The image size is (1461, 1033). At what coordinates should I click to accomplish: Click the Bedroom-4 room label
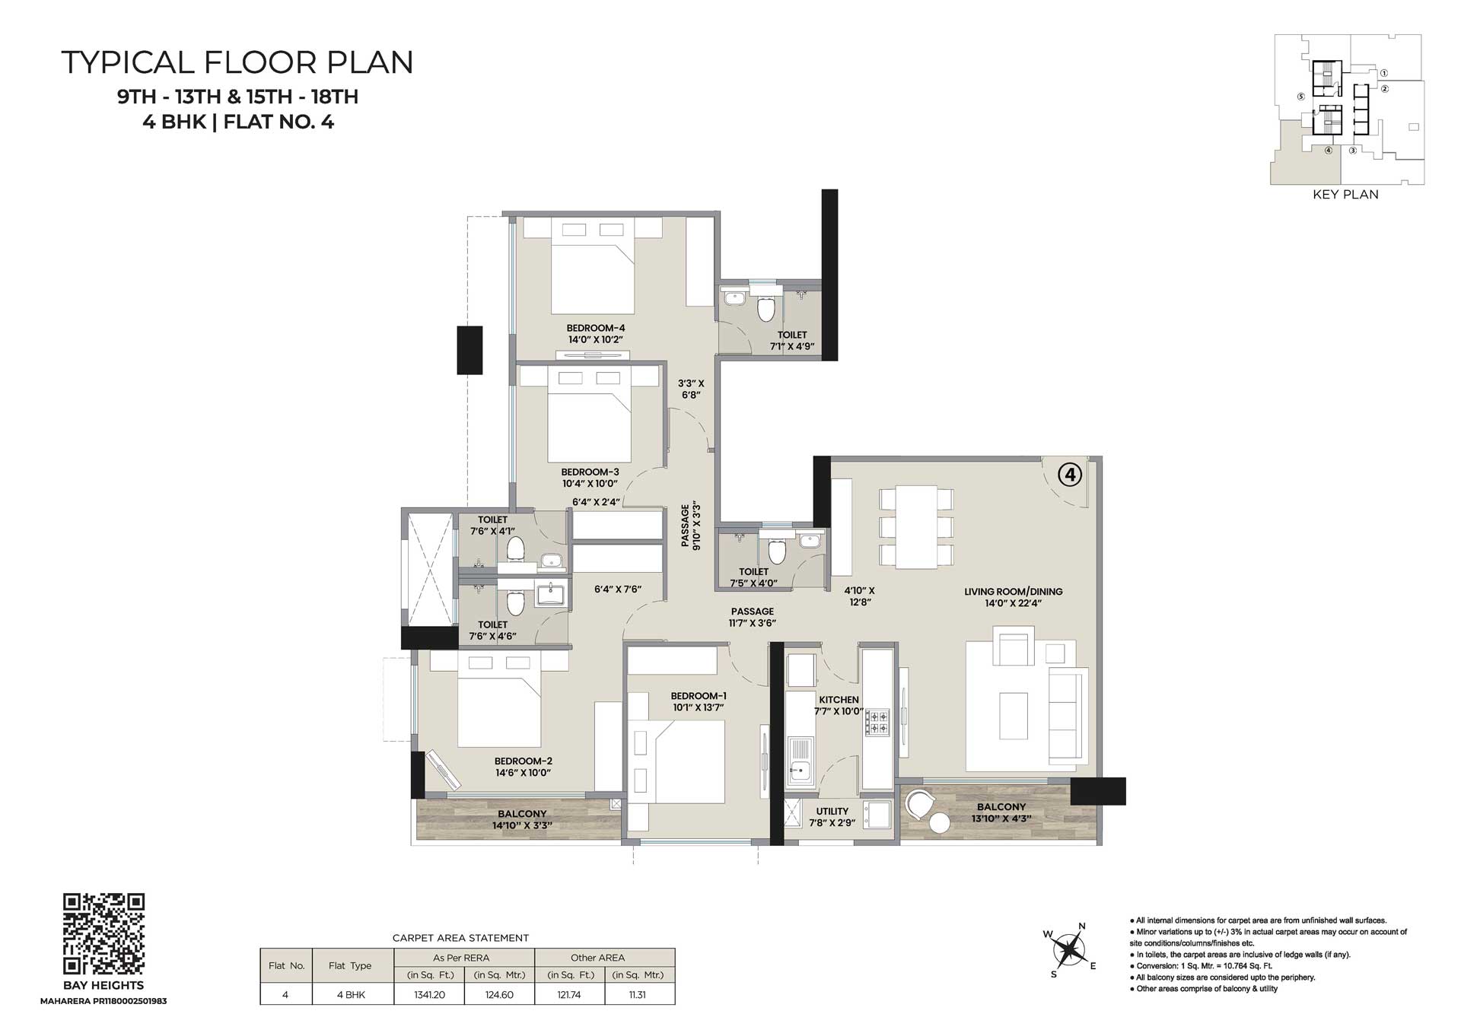coord(596,329)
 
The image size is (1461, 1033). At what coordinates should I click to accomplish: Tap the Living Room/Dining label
coord(1013,592)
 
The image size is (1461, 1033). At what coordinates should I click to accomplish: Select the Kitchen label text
coord(839,700)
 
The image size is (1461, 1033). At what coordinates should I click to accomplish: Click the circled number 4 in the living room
coord(1070,475)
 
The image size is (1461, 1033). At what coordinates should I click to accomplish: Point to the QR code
coord(103,933)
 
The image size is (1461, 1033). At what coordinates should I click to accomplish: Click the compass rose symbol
coord(1070,949)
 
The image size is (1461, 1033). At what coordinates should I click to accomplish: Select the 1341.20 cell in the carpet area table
coord(429,995)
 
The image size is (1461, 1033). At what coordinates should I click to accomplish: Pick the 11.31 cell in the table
coord(638,995)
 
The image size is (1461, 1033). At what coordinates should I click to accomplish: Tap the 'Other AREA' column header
coord(597,958)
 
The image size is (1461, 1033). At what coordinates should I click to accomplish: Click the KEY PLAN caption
coord(1345,195)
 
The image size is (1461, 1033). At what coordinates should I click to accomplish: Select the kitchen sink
coord(799,761)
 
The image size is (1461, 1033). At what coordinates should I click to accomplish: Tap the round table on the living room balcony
coord(940,823)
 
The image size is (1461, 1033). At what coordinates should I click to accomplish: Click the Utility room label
coord(832,812)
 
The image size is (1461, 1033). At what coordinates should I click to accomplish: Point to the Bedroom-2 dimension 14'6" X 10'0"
coord(523,773)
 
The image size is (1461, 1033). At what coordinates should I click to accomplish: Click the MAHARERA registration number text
coord(103,1001)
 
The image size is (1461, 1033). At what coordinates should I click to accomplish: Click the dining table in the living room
coord(916,526)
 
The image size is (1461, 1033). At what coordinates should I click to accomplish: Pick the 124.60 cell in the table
coord(499,995)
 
